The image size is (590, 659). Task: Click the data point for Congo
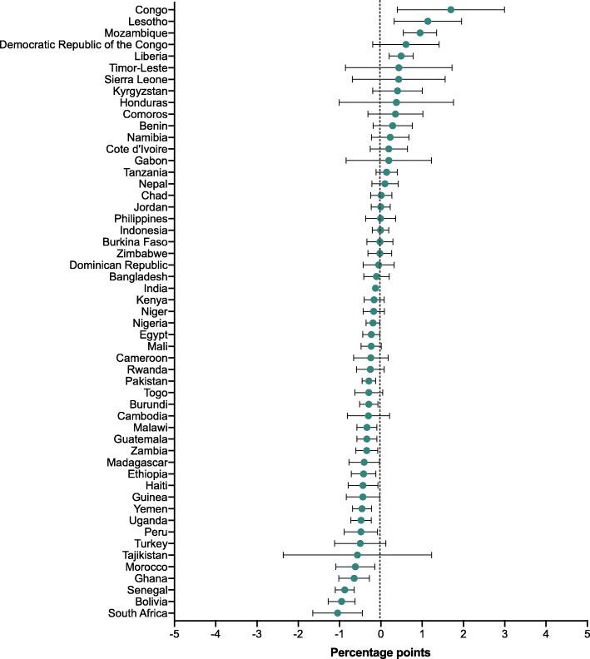451,9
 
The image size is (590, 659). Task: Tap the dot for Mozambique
420,32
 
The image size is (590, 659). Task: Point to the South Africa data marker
337,612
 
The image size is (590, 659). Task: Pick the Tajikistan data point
358,555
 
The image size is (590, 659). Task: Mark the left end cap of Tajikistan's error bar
283,555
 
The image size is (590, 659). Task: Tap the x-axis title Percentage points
380,652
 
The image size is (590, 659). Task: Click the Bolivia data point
341,601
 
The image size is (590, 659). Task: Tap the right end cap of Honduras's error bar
454,102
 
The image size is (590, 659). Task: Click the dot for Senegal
345,590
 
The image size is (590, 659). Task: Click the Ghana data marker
354,578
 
